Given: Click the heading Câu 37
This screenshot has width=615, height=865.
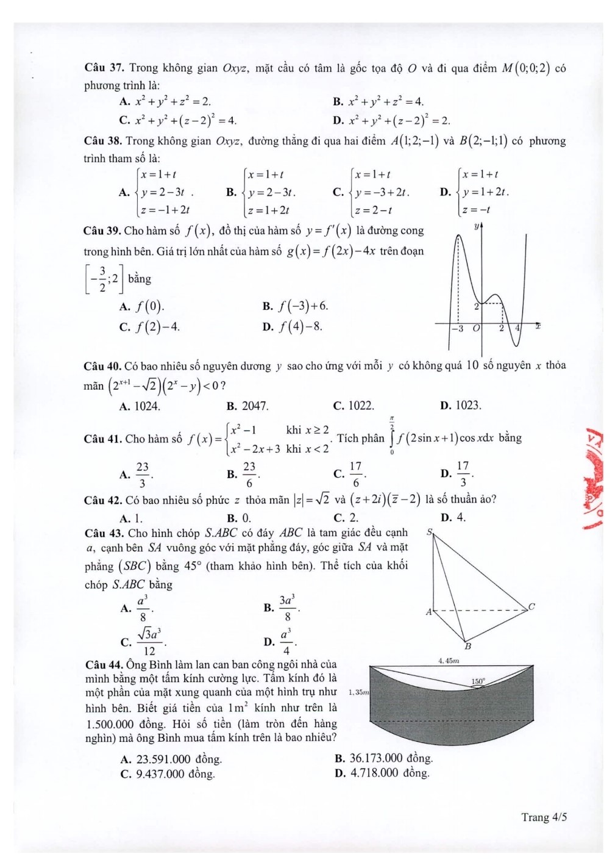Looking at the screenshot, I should click(104, 68).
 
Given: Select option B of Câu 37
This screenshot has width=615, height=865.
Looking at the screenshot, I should click(378, 102).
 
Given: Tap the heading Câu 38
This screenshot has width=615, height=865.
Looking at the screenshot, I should click(104, 142).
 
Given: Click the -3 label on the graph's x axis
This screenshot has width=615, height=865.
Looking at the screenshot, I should click(458, 329).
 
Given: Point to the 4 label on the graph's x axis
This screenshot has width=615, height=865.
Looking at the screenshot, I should click(517, 328).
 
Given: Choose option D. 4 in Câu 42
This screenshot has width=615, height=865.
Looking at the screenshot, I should click(453, 518).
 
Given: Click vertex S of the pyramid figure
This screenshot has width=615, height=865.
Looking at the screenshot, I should click(429, 533).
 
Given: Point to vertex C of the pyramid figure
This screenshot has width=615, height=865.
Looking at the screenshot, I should click(531, 606).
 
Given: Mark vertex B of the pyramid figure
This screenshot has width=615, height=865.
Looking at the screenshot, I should click(467, 646).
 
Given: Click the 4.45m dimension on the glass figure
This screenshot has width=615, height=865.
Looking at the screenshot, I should click(448, 660).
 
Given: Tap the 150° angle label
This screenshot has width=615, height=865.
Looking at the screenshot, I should click(478, 681).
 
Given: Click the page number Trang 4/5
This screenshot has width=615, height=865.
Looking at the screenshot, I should click(544, 817).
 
